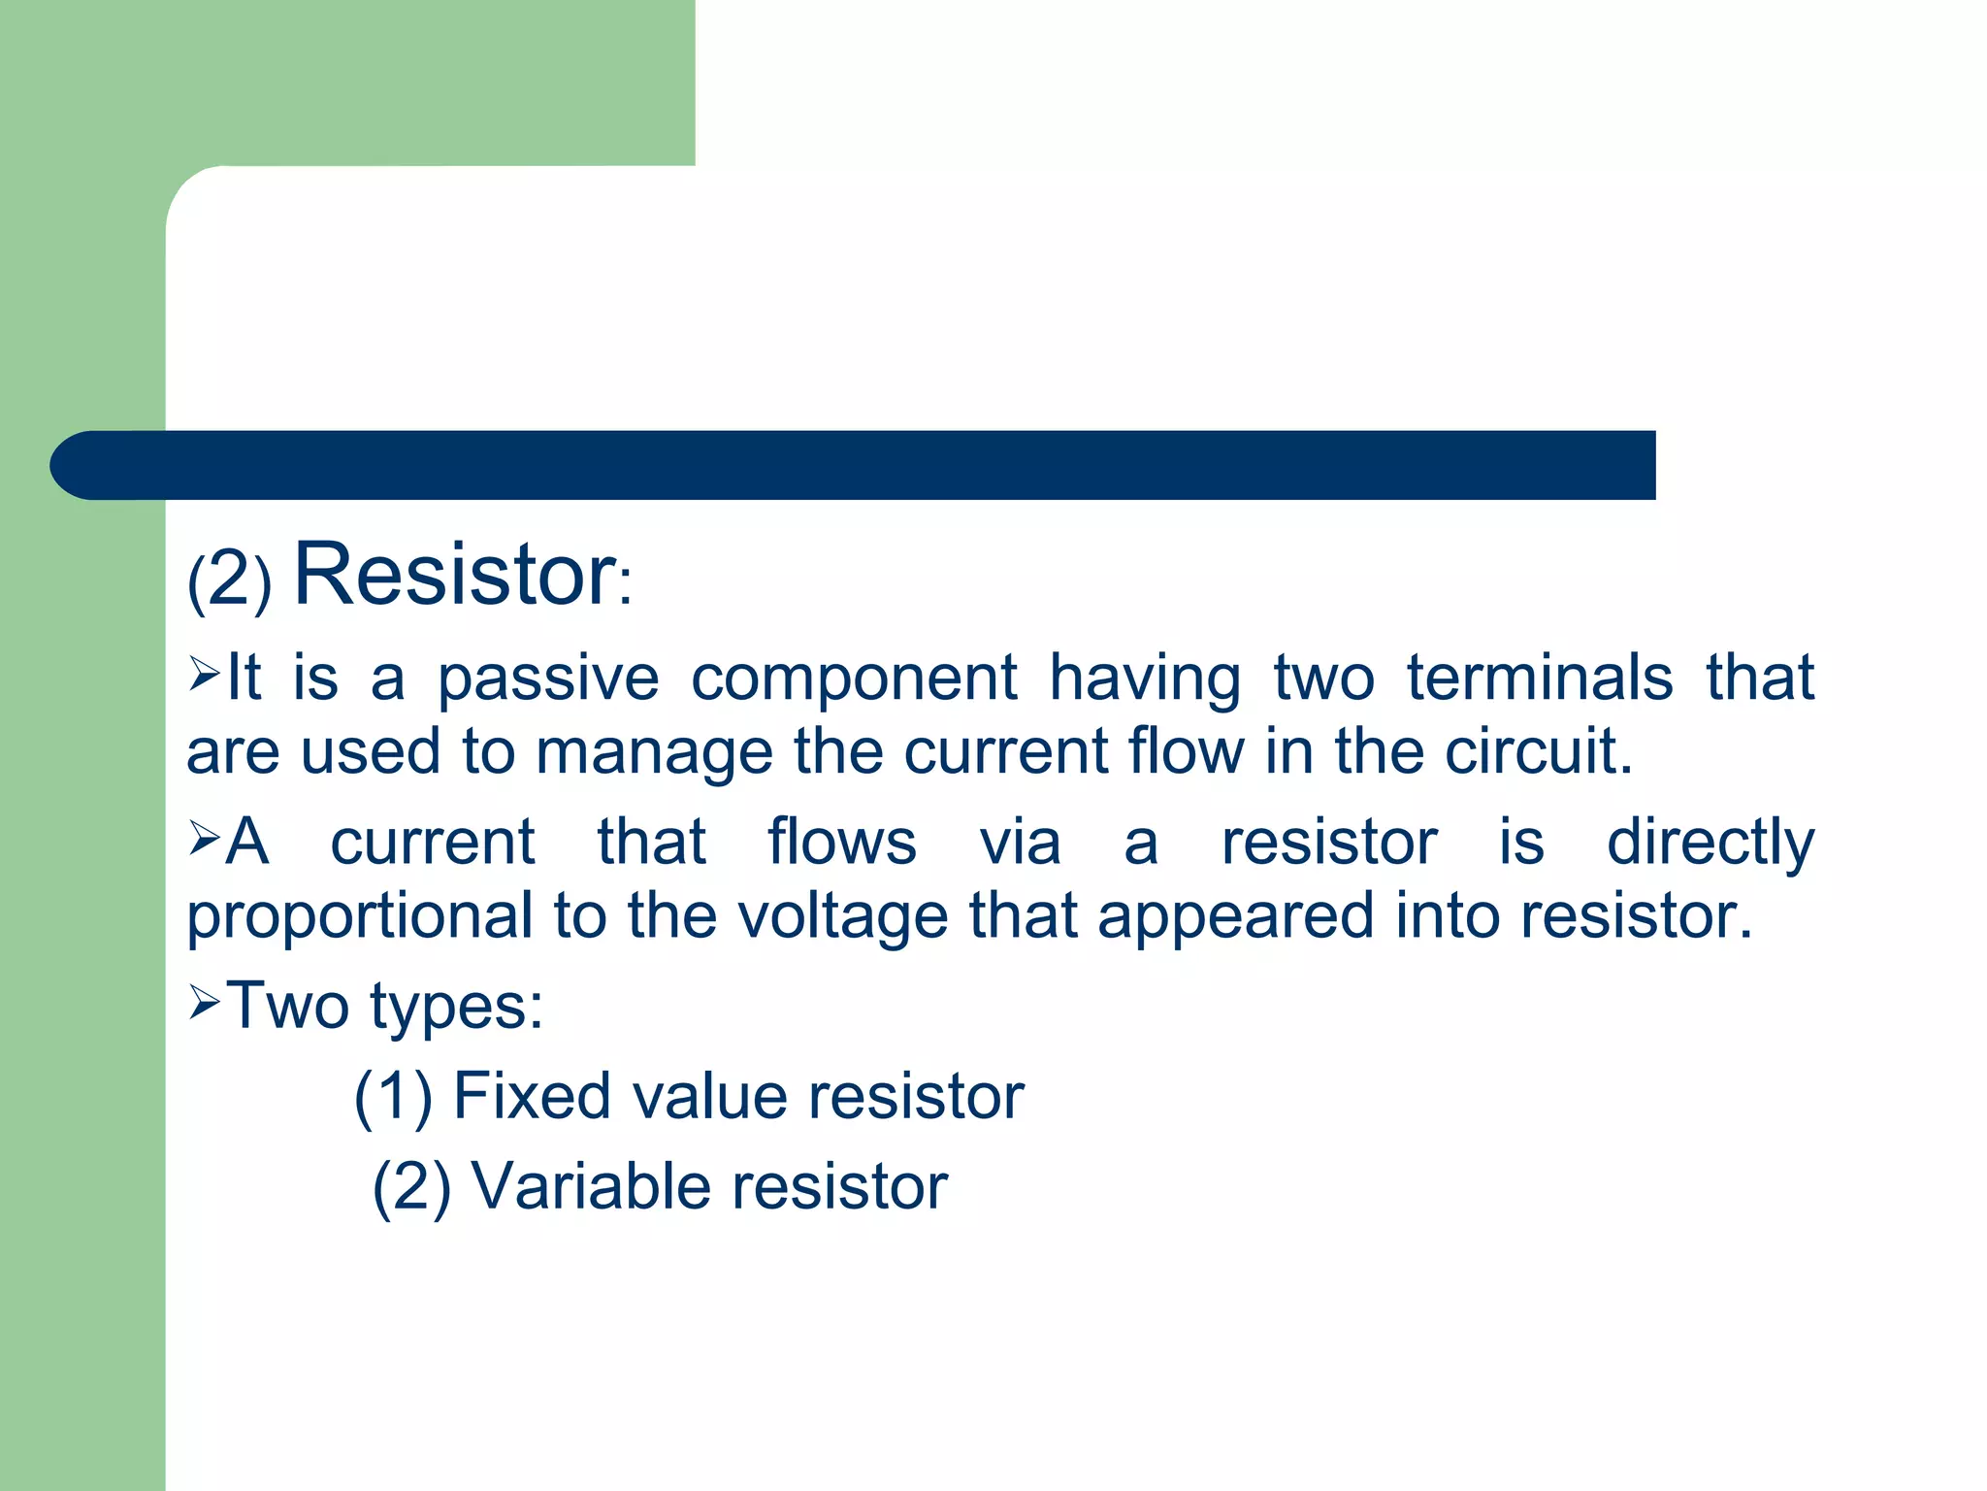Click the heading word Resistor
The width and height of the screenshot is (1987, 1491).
(x=454, y=575)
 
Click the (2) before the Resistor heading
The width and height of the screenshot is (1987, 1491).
(x=229, y=580)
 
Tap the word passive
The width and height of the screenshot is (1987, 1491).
(x=548, y=679)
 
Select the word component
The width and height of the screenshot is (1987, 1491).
(x=854, y=679)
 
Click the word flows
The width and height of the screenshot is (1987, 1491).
(x=841, y=842)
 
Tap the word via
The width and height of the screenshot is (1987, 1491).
(x=1019, y=842)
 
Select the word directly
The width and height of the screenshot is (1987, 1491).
(x=1710, y=843)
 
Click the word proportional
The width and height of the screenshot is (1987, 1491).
(x=360, y=917)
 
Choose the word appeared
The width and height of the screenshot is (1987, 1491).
(x=1236, y=917)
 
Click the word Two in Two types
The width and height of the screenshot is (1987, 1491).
(x=287, y=1006)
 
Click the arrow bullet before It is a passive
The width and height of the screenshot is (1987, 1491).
(x=205, y=673)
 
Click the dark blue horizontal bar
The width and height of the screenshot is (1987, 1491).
(x=873, y=465)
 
